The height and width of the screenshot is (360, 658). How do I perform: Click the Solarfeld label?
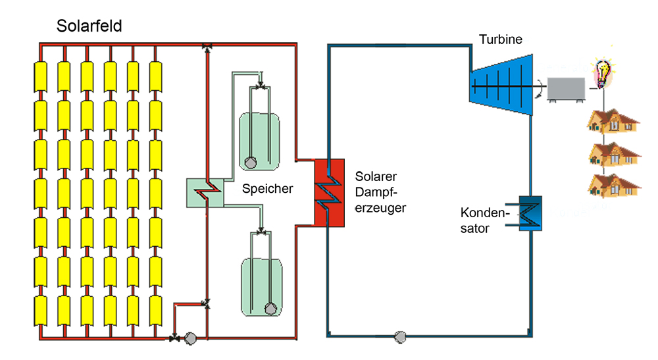pyautogui.click(x=89, y=27)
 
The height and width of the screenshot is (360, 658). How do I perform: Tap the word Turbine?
pyautogui.click(x=501, y=40)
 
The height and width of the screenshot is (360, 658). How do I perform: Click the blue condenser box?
pyautogui.click(x=529, y=213)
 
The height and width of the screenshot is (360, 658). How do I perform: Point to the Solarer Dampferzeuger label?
pyautogui.click(x=380, y=192)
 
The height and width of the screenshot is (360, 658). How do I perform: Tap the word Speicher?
pyautogui.click(x=267, y=189)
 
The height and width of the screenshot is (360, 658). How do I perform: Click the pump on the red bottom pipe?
pyautogui.click(x=191, y=338)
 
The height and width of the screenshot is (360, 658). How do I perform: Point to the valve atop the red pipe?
pyautogui.click(x=207, y=45)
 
